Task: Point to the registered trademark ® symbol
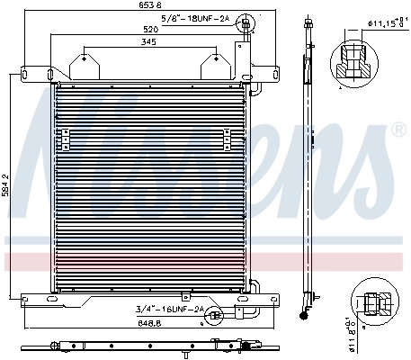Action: coord(398,131)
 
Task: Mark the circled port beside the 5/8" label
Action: coord(243,26)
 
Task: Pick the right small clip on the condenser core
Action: coord(225,138)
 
